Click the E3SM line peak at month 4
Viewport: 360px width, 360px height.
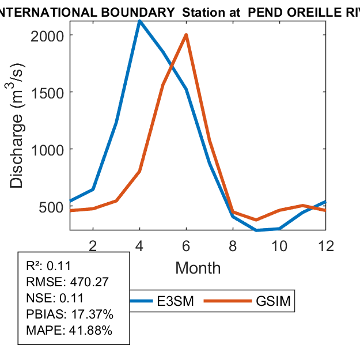140,21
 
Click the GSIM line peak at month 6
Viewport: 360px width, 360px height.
186,35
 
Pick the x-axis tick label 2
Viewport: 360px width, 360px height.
93,246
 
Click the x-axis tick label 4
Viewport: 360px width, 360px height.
140,246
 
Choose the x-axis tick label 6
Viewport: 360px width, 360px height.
187,246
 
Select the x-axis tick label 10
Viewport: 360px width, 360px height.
279,246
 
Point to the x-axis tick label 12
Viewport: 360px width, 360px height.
326,246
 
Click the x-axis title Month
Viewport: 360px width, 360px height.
198,268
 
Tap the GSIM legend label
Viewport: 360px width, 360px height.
272,301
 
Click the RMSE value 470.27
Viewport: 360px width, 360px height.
89,282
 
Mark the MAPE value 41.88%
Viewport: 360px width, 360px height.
90,331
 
